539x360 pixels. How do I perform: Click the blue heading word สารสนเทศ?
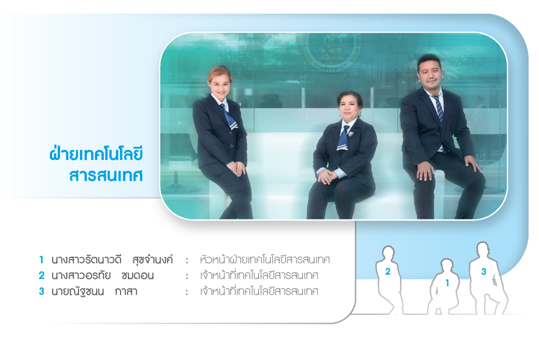105,175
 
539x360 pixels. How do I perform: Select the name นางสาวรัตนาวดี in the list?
86,259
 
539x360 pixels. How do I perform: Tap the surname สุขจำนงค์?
153,260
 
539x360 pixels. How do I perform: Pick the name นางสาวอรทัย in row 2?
81,275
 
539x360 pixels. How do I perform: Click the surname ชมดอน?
137,275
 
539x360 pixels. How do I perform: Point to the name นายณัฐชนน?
78,292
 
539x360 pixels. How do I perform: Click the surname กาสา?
126,292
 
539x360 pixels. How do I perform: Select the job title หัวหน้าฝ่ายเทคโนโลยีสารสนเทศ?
265,259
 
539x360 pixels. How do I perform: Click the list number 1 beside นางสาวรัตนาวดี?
41,259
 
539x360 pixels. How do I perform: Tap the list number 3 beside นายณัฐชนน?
41,292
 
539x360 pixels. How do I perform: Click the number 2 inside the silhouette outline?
388,272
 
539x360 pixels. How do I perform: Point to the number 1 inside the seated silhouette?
447,283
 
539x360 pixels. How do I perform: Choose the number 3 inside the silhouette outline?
484,272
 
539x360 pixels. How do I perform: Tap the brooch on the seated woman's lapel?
351,133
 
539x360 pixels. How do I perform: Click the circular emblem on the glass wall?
332,51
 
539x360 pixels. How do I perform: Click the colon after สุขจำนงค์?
187,261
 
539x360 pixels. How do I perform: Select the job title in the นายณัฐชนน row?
259,291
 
